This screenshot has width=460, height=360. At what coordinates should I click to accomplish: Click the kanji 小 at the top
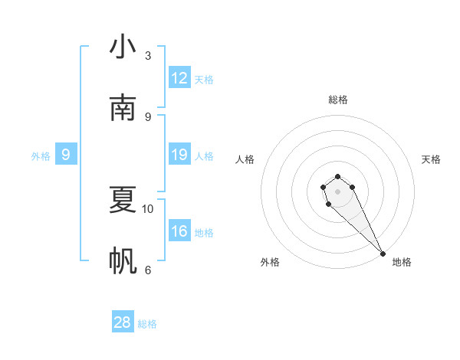[x=123, y=47]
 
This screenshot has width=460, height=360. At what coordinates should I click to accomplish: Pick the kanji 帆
[x=123, y=261]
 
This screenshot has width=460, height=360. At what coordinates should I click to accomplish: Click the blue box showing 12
[x=179, y=78]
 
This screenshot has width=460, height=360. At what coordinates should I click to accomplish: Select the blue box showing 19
[x=179, y=155]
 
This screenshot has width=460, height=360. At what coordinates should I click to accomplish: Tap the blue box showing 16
[x=179, y=231]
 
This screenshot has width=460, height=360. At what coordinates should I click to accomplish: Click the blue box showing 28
[x=123, y=322]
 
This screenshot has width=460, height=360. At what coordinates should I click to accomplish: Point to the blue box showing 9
[x=66, y=155]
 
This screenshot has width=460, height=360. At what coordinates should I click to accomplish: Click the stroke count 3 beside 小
[x=148, y=56]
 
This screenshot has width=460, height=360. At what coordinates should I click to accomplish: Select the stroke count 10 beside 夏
[x=148, y=208]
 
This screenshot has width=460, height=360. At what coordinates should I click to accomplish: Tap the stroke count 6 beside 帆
[x=148, y=270]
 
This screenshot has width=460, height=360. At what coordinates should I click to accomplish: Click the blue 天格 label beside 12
[x=204, y=79]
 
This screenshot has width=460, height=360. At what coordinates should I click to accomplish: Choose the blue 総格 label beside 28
[x=147, y=324]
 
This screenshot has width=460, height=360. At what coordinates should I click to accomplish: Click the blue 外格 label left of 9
[x=41, y=156]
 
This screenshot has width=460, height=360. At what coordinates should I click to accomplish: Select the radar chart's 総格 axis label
[x=338, y=100]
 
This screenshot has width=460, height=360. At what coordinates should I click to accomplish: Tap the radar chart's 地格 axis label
[x=402, y=262]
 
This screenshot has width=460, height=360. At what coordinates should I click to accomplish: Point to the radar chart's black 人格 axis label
[x=245, y=159]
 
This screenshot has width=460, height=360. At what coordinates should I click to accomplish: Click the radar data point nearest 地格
[x=383, y=254]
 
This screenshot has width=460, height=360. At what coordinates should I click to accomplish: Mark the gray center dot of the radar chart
[x=337, y=191]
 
